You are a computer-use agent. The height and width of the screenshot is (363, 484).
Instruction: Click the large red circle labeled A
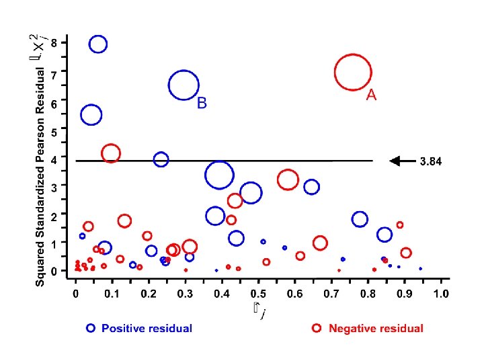coord(353,72)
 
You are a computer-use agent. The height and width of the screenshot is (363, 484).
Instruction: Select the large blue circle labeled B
coord(184,85)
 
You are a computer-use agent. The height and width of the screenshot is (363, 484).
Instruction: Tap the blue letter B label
coord(202,104)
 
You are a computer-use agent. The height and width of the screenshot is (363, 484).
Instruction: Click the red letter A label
coord(371,95)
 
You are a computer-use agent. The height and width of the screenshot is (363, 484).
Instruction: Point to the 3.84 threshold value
coord(431,161)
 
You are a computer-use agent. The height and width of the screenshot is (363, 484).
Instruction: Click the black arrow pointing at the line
coord(403,161)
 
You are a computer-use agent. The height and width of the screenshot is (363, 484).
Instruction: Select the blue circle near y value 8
coord(98,44)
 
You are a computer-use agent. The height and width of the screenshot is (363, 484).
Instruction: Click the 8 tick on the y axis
coord(63,42)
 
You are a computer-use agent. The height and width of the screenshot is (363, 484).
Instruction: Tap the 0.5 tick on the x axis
coord(257,294)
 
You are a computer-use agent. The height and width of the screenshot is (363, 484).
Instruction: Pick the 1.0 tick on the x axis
coord(440,294)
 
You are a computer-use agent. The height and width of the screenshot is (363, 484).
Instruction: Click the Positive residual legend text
coord(147,329)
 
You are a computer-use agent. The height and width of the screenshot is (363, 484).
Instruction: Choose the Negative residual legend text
coord(376,329)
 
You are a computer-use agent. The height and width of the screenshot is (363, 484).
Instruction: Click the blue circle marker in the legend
coord(91,329)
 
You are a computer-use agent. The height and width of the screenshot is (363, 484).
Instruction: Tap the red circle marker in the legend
coord(317,329)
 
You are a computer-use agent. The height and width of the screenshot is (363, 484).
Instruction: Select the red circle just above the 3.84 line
coord(111,153)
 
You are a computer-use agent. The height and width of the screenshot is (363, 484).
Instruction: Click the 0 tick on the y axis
coord(63,270)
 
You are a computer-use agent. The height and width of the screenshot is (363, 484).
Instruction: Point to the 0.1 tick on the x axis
coord(111,294)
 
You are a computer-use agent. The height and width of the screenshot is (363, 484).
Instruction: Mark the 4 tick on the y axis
coord(63,157)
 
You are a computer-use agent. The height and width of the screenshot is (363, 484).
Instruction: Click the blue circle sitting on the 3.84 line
coord(161,159)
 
